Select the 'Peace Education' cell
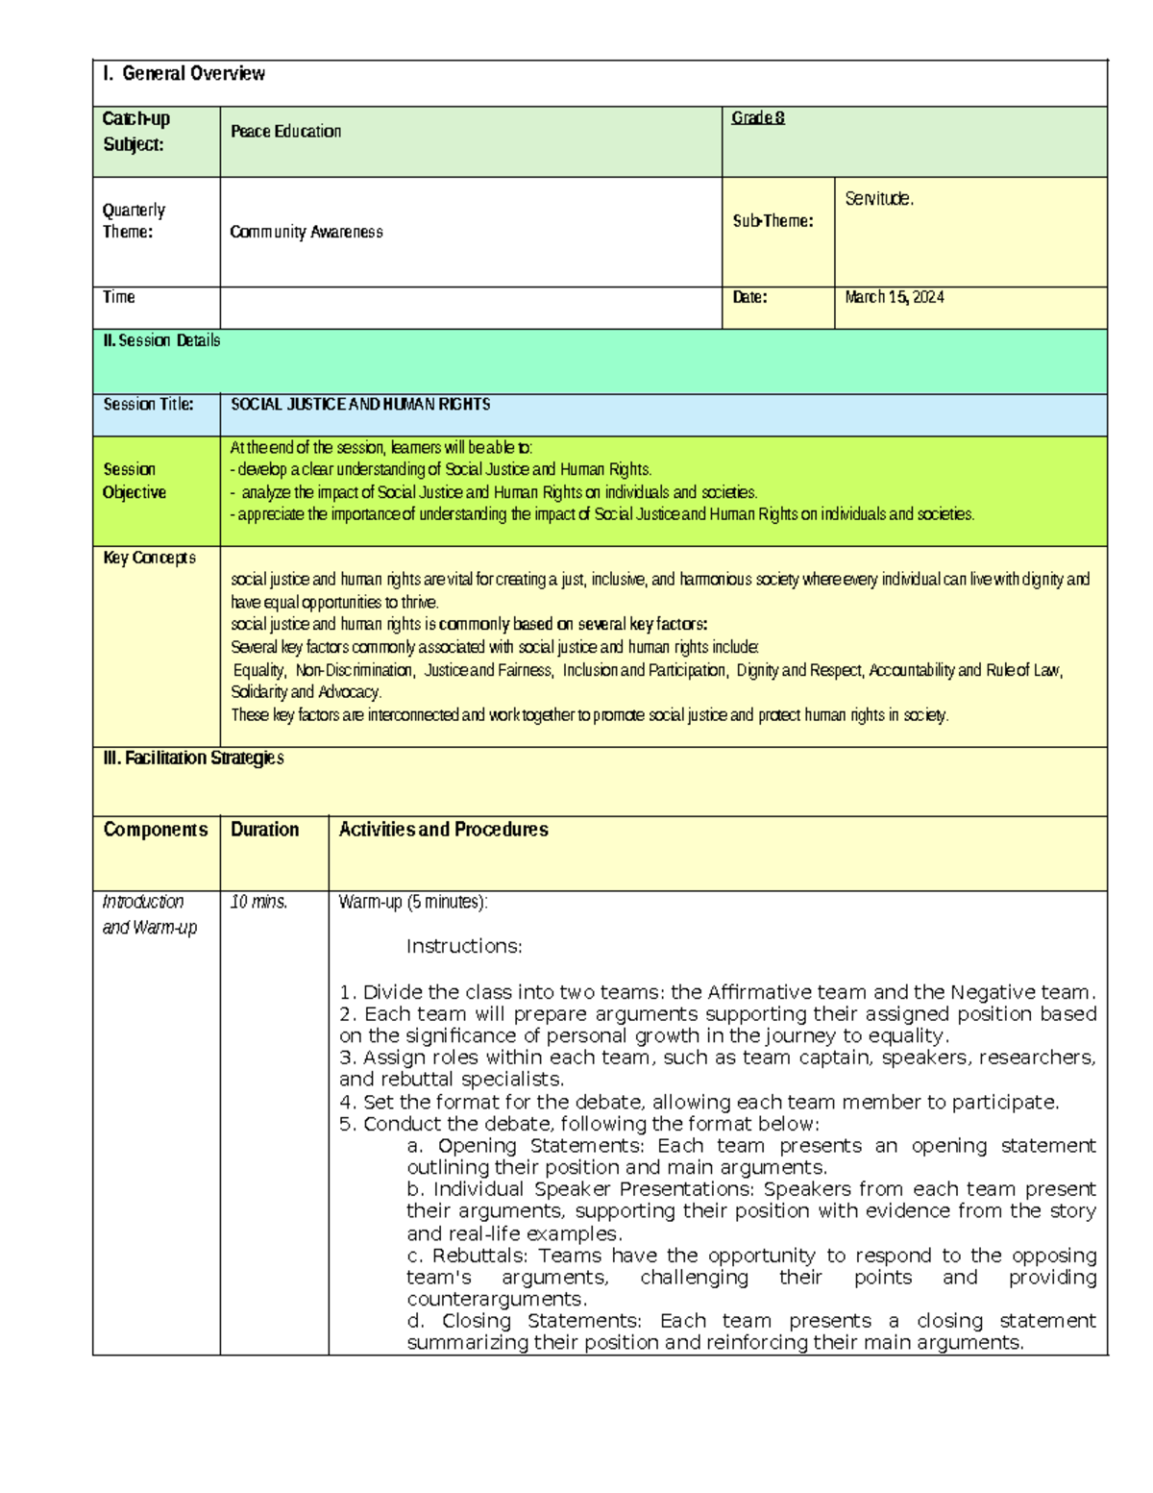[x=285, y=132]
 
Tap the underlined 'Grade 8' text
[x=758, y=118]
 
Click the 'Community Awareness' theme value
[x=307, y=232]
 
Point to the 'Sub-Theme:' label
[x=773, y=221]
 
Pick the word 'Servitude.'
[x=879, y=199]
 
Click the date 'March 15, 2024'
[x=894, y=298]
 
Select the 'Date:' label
[x=749, y=298]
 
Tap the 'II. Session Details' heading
[x=161, y=340]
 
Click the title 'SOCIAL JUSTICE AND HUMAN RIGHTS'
[x=360, y=405]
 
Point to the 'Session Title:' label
[x=148, y=405]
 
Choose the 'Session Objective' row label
[x=135, y=481]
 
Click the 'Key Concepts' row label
[x=149, y=558]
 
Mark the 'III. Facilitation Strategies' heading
[x=193, y=759]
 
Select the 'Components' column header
[x=155, y=830]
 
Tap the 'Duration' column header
[x=264, y=830]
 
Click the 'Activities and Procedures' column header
[x=443, y=830]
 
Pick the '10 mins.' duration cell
[x=258, y=902]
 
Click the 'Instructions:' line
[x=464, y=947]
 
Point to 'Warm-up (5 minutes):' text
[x=413, y=902]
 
